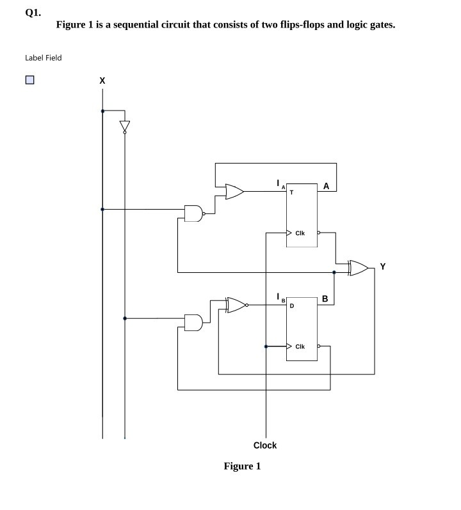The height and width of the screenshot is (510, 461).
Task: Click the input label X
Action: coord(102,81)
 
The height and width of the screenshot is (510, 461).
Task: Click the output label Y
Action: coord(383,267)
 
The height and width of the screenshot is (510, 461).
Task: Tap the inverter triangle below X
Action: coord(124,127)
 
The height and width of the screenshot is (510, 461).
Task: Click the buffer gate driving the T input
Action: coord(234,191)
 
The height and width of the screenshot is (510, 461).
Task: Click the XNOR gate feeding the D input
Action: coord(236,305)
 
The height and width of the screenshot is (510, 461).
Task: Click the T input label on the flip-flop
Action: coord(291,192)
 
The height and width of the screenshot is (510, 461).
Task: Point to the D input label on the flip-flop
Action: coord(291,305)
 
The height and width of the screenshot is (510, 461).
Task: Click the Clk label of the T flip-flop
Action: coord(300,233)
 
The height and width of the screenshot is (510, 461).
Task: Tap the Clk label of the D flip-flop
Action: coord(300,346)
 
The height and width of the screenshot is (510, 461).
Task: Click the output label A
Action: coord(327,187)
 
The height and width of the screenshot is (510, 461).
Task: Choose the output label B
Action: coord(325,298)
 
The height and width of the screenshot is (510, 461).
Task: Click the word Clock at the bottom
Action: coord(265,445)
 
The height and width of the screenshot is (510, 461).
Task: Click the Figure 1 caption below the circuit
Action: coord(242,466)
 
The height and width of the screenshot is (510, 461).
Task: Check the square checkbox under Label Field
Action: coord(29,81)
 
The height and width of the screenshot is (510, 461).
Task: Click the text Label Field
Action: coord(44,58)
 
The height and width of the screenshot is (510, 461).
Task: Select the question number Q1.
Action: coord(33,12)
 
